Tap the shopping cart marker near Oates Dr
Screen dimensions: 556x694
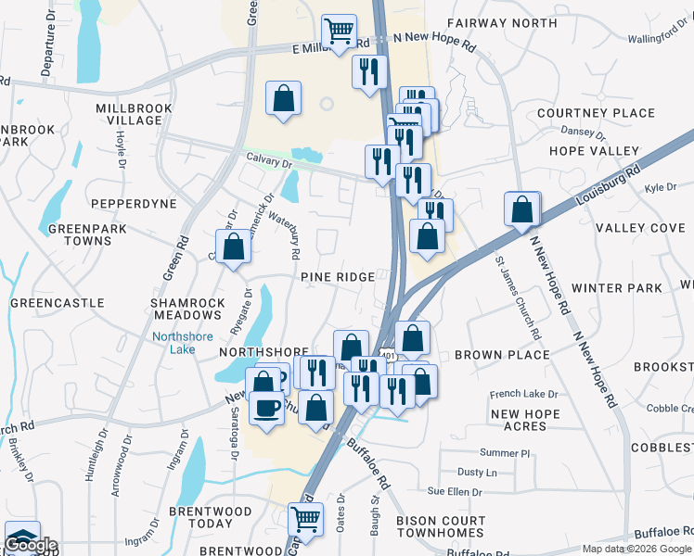[x=306, y=519]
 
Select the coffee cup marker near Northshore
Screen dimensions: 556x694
[x=267, y=408]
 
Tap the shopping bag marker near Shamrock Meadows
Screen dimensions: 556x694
[x=234, y=246]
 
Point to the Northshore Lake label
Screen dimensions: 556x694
[x=181, y=342]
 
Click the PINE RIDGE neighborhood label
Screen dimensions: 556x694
[x=337, y=277]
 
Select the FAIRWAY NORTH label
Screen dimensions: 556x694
[x=502, y=23]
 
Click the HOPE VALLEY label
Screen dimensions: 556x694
[x=594, y=151]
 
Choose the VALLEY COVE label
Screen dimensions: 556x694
[x=640, y=228]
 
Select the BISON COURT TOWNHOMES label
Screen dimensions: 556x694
[x=440, y=526]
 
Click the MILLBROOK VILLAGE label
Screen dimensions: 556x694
[x=128, y=114]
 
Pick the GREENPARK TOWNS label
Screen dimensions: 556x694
[x=80, y=234]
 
